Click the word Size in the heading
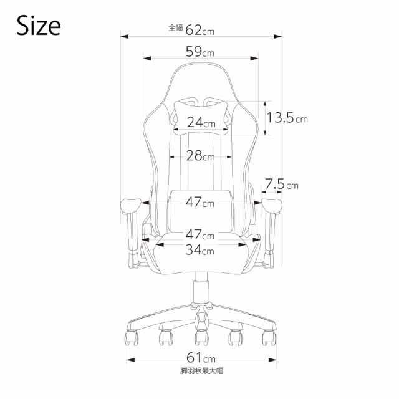pos(39,26)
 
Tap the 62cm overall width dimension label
pos(199,30)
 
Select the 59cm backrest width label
pos(200,52)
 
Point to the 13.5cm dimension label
pos(287,118)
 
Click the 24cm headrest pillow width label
pos(201,122)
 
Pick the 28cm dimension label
pos(201,156)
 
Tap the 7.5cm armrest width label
pos(282,184)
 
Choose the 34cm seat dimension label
pos(199,250)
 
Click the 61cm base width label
pos(201,358)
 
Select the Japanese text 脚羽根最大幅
pos(201,371)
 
